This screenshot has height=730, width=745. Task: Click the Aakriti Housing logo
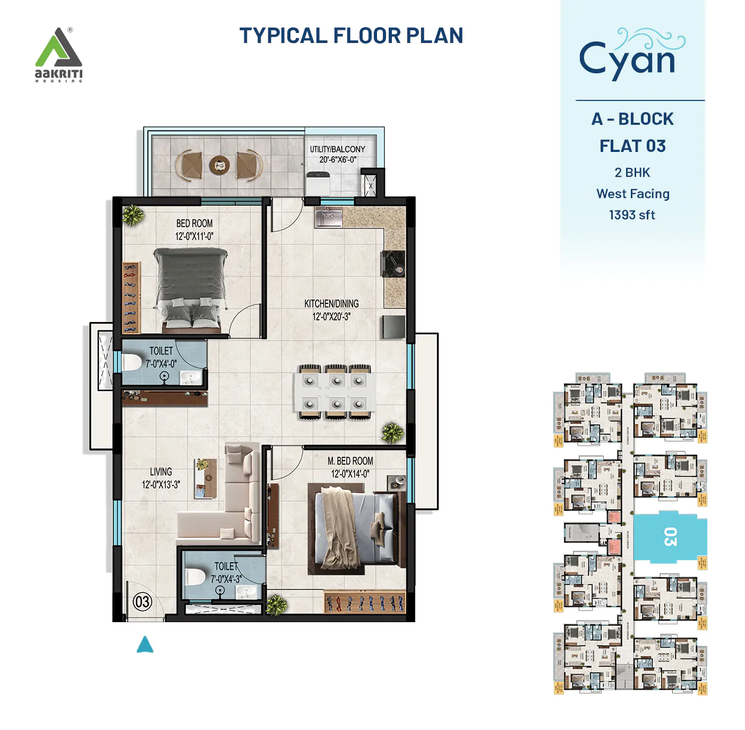(x=58, y=55)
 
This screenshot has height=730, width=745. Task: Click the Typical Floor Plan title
(x=351, y=36)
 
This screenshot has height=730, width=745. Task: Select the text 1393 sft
(x=632, y=215)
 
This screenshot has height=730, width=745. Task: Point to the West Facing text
(x=632, y=194)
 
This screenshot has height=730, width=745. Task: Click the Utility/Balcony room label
(x=338, y=154)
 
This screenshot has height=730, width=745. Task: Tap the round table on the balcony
(x=219, y=165)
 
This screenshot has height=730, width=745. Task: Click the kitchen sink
(x=328, y=217)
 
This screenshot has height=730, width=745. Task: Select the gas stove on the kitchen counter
(x=393, y=264)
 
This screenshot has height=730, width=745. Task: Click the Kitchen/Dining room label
(x=331, y=310)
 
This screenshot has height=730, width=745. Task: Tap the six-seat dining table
(x=335, y=392)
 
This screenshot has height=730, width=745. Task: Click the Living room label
(x=160, y=478)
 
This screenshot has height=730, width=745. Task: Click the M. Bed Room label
(x=350, y=467)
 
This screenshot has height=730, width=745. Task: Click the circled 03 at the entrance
(x=142, y=602)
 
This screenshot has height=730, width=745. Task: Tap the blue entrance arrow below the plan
(x=145, y=644)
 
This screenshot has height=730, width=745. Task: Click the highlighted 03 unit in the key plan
(x=670, y=537)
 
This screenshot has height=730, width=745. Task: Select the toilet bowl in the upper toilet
(x=131, y=362)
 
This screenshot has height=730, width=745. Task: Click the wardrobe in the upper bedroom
(x=131, y=298)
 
